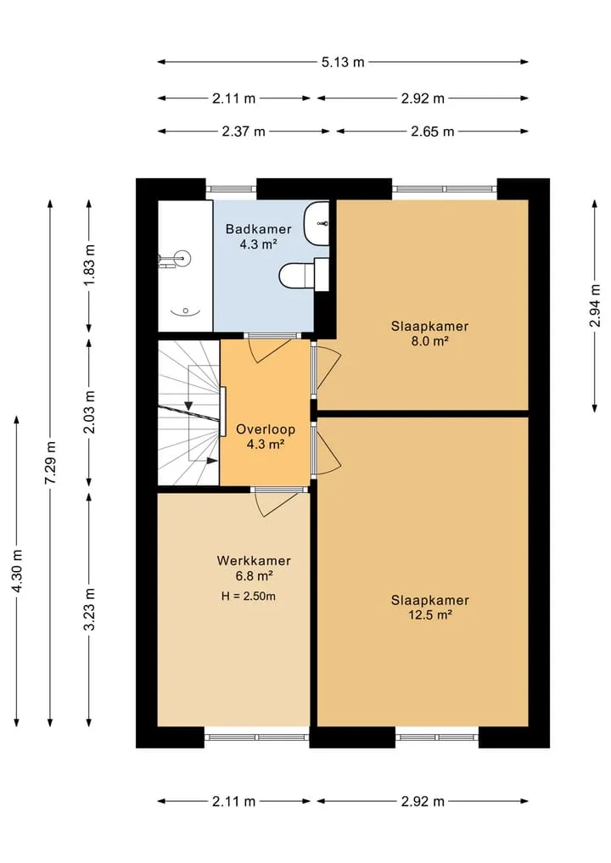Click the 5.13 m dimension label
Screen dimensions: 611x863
[x=343, y=62]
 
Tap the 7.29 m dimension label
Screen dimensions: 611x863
[x=50, y=462]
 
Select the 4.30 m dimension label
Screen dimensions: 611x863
[x=17, y=571]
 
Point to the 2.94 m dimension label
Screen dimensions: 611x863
[x=595, y=306]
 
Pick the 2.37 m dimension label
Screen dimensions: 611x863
[x=244, y=132]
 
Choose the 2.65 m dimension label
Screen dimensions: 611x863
[x=433, y=132]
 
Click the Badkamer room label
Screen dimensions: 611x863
[x=258, y=228]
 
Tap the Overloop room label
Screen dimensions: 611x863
[x=266, y=429]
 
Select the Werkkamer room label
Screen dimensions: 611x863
[x=254, y=561]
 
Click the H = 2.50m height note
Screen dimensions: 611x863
[x=249, y=596]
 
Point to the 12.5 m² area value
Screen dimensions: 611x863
[x=430, y=615]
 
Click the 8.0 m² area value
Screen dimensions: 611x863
[x=430, y=341]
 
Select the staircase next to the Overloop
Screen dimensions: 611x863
[x=188, y=412]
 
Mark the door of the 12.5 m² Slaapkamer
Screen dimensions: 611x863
[x=326, y=449]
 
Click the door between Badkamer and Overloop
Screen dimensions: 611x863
[x=270, y=349]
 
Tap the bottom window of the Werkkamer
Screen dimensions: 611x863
[x=256, y=737]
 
